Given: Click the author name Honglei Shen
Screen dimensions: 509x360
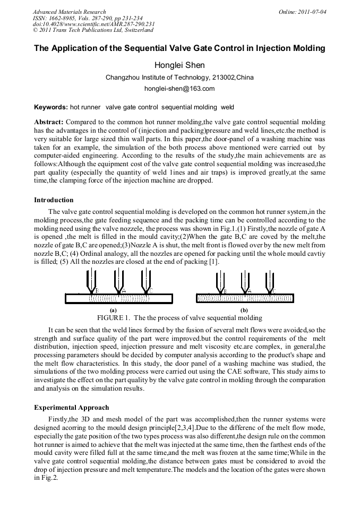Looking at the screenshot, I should pos(179,65).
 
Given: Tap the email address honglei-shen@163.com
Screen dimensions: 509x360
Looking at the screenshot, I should pos(179,89).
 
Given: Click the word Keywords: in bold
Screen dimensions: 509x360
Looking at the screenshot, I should pos(50,107).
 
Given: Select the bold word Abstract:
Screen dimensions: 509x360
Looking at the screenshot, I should pos(49,122).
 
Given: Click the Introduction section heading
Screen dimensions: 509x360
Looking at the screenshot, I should pos(54,200).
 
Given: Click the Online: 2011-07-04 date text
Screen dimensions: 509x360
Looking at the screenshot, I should pos(303,12).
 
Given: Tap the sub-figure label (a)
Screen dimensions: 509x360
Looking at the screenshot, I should pos(113,309).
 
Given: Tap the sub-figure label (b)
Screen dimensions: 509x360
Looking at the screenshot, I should pos(244,309).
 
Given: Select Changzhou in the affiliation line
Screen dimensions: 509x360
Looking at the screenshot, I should pos(123,77).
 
